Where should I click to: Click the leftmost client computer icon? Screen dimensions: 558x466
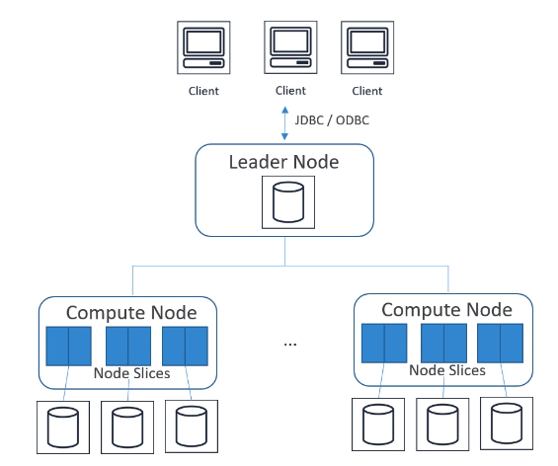(203, 47)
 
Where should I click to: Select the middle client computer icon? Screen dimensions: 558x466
(290, 47)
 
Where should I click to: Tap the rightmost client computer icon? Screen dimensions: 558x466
(367, 47)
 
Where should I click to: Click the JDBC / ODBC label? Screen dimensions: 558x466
(332, 120)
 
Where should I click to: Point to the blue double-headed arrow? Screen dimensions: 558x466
(284, 123)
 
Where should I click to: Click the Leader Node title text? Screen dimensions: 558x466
(283, 162)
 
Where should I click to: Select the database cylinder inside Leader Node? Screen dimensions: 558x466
(288, 202)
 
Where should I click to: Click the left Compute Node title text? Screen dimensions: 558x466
(131, 313)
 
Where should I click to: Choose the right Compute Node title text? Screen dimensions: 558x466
(446, 310)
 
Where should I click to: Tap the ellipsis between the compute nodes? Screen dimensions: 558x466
(290, 344)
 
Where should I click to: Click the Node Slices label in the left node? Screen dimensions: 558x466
(131, 373)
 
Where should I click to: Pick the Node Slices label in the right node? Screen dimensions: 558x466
(447, 370)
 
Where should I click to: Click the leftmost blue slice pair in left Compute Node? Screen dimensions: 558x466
(69, 347)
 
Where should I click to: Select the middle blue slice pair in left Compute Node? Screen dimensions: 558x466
(128, 347)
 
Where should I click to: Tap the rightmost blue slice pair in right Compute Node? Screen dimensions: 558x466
(501, 343)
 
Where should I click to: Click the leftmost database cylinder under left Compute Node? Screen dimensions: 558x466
(63, 427)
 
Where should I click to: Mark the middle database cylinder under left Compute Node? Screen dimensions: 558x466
(127, 427)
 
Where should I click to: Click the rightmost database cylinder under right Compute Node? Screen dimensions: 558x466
(507, 424)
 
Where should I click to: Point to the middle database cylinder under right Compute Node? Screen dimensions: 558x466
(442, 425)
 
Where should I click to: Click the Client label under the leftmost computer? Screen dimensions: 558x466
(203, 91)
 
